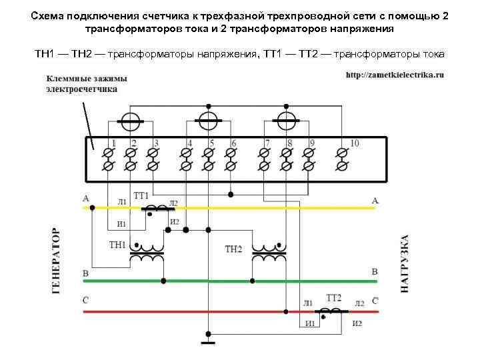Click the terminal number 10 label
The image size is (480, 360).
click(x=354, y=143)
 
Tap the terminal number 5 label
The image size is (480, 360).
click(x=211, y=143)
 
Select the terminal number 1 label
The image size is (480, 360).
click(x=114, y=143)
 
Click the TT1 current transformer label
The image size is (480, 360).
click(x=141, y=195)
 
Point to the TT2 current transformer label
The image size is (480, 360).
click(x=333, y=297)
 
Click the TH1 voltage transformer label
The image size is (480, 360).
click(x=117, y=245)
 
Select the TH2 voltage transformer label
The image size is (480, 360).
click(x=233, y=249)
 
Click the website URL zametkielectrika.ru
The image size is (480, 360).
click(x=395, y=75)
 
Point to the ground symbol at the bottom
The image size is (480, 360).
click(x=209, y=343)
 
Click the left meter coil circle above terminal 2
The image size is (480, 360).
click(x=130, y=121)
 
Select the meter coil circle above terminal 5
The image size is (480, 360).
click(x=209, y=121)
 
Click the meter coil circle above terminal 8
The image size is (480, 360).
click(x=287, y=121)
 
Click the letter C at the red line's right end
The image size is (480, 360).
click(x=375, y=301)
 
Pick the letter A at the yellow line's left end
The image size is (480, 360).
click(x=85, y=199)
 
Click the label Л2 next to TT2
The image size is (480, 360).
click(x=359, y=303)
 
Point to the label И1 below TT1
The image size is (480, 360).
click(x=122, y=223)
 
